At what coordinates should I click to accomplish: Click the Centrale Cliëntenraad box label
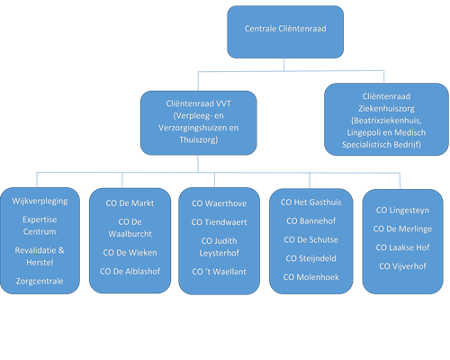point(285,29)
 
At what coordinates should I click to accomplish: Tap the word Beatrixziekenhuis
point(386,121)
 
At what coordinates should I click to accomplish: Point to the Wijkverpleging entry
point(40,201)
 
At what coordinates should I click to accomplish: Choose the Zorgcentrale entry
point(40,281)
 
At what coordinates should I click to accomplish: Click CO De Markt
point(130,203)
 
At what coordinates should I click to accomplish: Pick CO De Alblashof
point(130,272)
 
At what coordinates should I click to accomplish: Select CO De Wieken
point(130,253)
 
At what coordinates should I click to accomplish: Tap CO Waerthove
point(219,203)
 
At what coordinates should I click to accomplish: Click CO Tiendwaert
point(219,222)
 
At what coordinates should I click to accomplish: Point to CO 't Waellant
point(219,272)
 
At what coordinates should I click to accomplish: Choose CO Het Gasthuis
point(310,202)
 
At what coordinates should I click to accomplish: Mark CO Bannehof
point(310,221)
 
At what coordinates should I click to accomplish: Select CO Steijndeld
point(310,258)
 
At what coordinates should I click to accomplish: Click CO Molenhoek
point(310,277)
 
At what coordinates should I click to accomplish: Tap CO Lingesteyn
point(402,211)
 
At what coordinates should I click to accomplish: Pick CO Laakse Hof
point(402,247)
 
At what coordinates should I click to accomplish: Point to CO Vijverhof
point(402,266)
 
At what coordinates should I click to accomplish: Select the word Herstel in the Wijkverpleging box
point(40,263)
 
